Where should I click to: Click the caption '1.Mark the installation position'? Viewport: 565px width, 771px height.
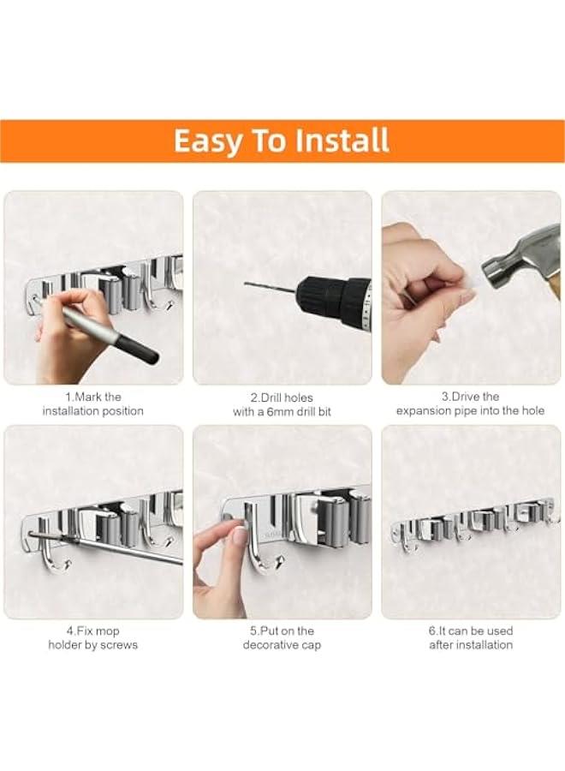pos(93,403)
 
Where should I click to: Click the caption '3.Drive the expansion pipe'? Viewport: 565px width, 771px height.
pos(470,403)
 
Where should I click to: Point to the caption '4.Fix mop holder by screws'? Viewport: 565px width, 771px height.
pos(93,637)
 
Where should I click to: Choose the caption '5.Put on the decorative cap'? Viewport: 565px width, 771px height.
pos(282,637)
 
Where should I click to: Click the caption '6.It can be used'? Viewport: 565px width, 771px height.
pos(470,637)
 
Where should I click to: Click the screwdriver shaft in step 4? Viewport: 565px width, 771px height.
pos(128,549)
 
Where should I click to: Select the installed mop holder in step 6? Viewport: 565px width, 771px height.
pos(472,523)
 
